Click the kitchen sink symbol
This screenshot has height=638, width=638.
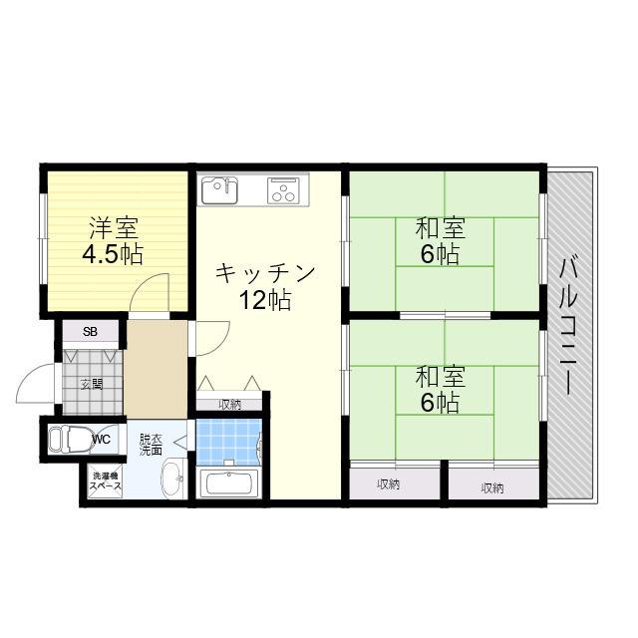pos(219,190)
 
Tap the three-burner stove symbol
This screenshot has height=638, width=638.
pos(283,190)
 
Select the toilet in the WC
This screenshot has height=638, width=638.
pos(71,439)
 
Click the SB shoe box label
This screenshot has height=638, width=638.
pos(91,332)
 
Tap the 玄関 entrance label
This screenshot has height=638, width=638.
pos(92,384)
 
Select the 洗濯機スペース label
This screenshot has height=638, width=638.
pos(105,480)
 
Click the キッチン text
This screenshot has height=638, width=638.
pos(265,273)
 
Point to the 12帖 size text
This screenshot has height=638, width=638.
pos(265,301)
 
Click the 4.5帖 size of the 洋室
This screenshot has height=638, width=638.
pos(113,254)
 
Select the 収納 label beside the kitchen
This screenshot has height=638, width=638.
pos(230,404)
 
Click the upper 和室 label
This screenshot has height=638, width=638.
pos(441,228)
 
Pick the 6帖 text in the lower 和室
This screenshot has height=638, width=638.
pos(441,403)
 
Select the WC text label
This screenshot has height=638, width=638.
pos(102,440)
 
